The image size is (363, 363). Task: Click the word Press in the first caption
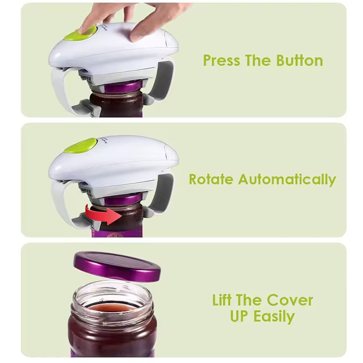point(220,61)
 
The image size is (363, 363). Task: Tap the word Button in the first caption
point(299,61)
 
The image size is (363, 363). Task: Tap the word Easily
point(274,317)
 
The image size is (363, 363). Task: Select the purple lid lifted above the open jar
point(117,266)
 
